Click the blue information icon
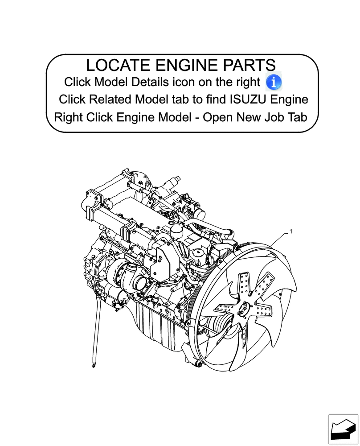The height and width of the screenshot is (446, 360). (x=274, y=82)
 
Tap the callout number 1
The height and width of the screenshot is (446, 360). (x=290, y=231)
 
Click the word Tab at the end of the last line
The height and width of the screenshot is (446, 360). (x=297, y=117)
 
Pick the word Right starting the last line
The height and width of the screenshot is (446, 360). (x=68, y=117)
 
